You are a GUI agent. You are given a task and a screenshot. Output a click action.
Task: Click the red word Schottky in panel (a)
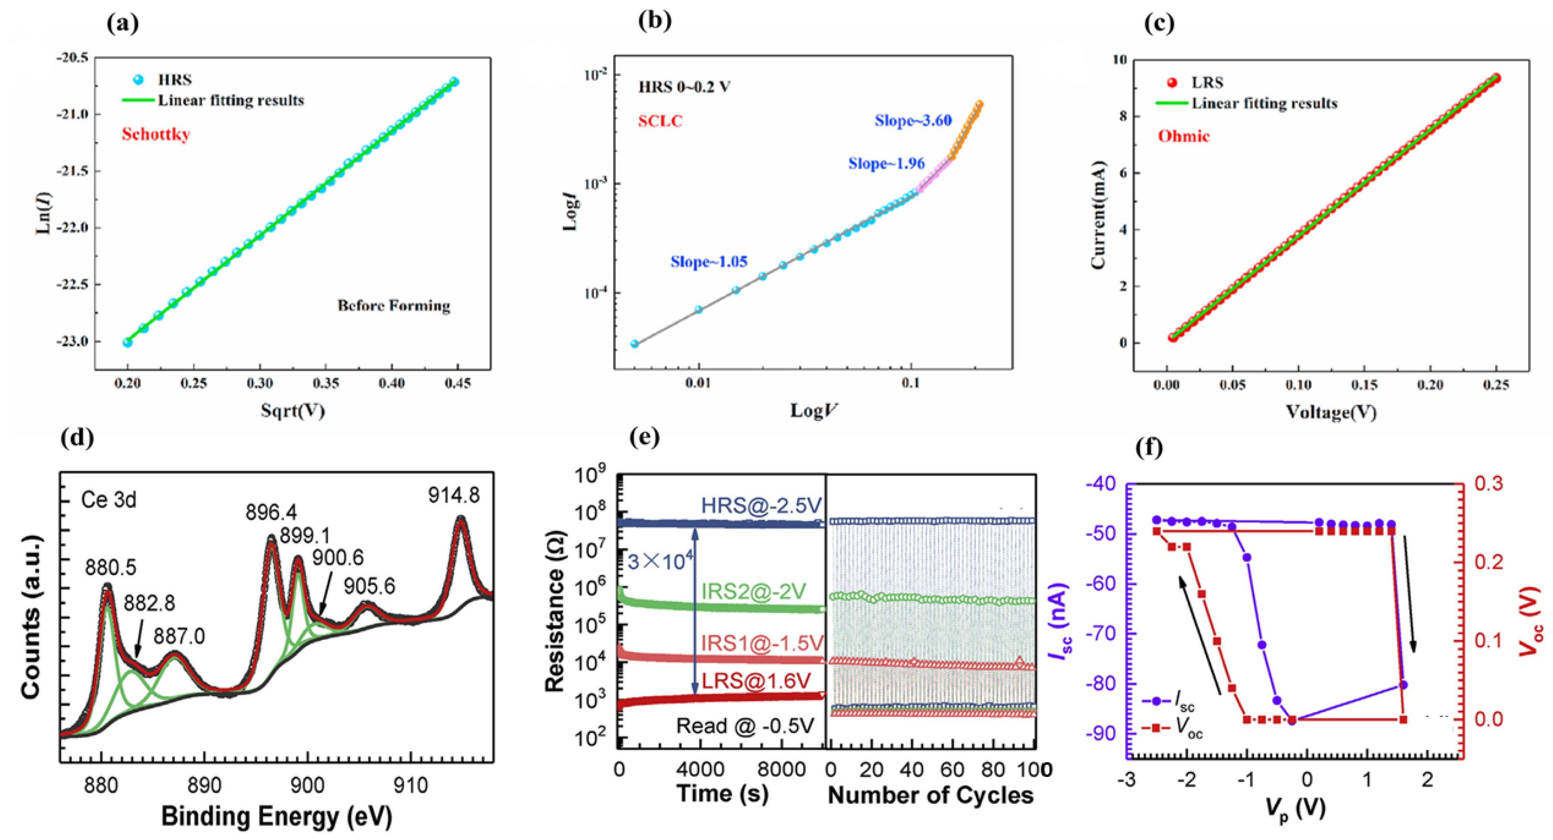coord(155,134)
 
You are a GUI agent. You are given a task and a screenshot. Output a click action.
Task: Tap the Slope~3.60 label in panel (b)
coord(913,120)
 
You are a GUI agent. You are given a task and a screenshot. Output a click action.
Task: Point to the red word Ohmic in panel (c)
coord(1183,136)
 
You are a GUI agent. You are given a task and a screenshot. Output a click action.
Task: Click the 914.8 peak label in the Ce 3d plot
coord(454,495)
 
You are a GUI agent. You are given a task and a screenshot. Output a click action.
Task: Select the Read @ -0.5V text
coord(745,726)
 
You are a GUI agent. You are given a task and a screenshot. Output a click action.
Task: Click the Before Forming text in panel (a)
coord(393,306)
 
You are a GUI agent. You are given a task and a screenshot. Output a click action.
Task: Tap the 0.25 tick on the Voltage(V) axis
coord(1496,385)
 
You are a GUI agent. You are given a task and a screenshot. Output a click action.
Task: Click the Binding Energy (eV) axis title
coord(276,817)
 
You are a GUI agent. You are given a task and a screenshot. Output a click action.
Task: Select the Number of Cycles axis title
coord(930,795)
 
